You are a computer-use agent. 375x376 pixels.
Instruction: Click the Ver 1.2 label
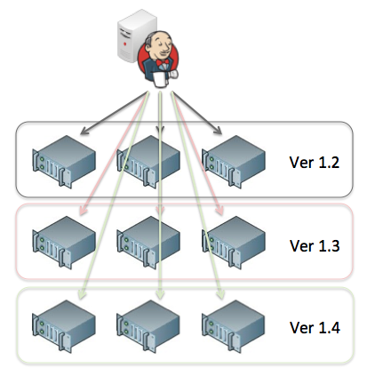[x=315, y=163]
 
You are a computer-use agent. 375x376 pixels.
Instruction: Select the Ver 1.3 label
[x=315, y=245]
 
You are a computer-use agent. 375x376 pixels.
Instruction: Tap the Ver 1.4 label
[x=315, y=328]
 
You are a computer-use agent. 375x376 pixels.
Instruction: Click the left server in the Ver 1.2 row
[x=64, y=162]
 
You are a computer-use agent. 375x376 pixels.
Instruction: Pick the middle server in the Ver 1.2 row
[x=148, y=162]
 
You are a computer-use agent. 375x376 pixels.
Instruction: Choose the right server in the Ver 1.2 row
[x=233, y=162]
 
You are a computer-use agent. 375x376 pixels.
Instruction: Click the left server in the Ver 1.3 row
[x=64, y=243]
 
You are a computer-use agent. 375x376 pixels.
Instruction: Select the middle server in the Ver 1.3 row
[x=148, y=243]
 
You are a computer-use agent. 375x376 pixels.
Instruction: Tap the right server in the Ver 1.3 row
[x=233, y=243]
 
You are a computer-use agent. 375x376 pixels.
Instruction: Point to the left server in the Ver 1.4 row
[x=64, y=326]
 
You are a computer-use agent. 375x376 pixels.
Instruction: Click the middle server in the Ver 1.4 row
[x=148, y=326]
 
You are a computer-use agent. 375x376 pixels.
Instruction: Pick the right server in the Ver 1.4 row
[x=233, y=326]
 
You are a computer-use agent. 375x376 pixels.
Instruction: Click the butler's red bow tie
[x=163, y=62]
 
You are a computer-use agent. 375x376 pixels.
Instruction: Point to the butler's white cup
[x=160, y=79]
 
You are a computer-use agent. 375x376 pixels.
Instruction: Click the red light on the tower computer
[x=125, y=44]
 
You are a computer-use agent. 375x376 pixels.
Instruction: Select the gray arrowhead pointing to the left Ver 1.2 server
[x=84, y=131]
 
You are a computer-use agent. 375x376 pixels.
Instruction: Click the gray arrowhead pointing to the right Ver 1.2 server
[x=218, y=131]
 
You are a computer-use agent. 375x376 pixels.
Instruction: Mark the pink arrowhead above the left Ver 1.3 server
[x=84, y=211]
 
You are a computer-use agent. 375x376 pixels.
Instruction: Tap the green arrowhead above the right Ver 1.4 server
[x=220, y=294]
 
